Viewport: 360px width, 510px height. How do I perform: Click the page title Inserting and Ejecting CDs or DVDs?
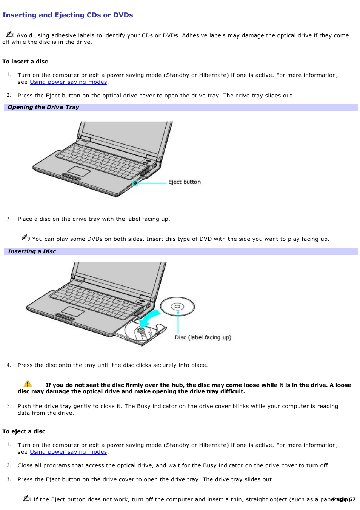(68, 15)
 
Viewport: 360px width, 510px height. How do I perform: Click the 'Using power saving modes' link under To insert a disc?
(68, 82)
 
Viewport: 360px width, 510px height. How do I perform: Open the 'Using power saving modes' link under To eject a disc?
(68, 452)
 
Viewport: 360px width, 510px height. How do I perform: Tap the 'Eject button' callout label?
(184, 182)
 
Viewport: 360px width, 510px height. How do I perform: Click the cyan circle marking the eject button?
(135, 183)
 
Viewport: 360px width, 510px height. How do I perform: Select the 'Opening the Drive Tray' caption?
(43, 107)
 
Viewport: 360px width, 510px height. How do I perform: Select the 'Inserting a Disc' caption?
(32, 251)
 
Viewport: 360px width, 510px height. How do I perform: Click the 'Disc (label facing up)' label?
(203, 337)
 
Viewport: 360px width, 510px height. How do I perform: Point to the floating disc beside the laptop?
(177, 307)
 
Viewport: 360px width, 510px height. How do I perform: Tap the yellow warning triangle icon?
(28, 384)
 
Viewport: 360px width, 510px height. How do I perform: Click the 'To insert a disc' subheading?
(25, 62)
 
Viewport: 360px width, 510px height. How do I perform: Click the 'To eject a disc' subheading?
(24, 431)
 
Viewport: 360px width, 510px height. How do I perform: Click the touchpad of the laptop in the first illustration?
(79, 171)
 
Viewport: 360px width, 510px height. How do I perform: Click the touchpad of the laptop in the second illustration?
(72, 311)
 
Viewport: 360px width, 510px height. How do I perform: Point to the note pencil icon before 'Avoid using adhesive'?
(10, 34)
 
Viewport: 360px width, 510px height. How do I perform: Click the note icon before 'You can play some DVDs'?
(26, 237)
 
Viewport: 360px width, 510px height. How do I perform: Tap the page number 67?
(352, 499)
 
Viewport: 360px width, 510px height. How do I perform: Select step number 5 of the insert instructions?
(9, 406)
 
